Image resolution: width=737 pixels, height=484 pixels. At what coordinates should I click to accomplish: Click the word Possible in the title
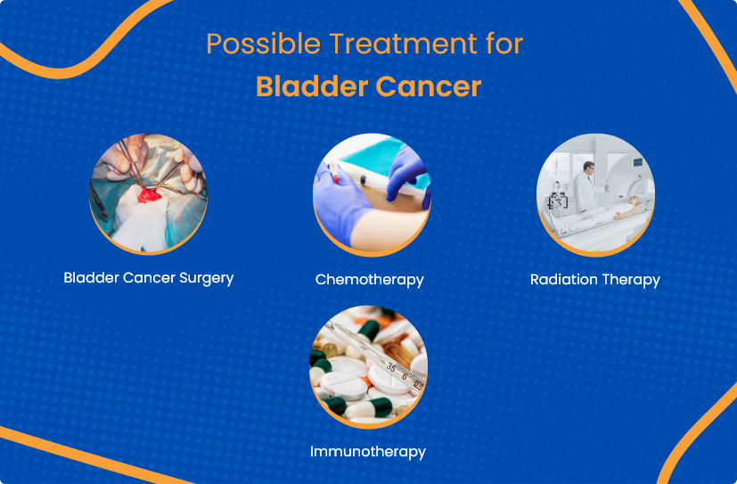[x=263, y=45]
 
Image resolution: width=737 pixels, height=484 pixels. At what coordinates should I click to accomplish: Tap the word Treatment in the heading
[x=403, y=44]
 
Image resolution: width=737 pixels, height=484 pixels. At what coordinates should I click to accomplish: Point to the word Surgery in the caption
[x=207, y=278]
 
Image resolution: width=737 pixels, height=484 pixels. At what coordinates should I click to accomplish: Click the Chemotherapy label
[x=370, y=280]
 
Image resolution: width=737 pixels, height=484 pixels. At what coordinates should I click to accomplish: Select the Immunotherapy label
[x=367, y=452]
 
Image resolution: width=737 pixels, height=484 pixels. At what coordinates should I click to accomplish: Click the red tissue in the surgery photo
[x=149, y=195]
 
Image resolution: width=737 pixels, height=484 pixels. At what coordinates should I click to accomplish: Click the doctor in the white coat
[x=585, y=186]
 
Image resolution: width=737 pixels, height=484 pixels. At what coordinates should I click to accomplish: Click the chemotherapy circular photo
[x=372, y=194]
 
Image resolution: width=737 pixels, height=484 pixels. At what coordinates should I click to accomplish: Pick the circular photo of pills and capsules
[x=369, y=367]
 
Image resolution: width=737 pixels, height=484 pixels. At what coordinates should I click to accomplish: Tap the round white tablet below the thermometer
[x=389, y=380]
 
